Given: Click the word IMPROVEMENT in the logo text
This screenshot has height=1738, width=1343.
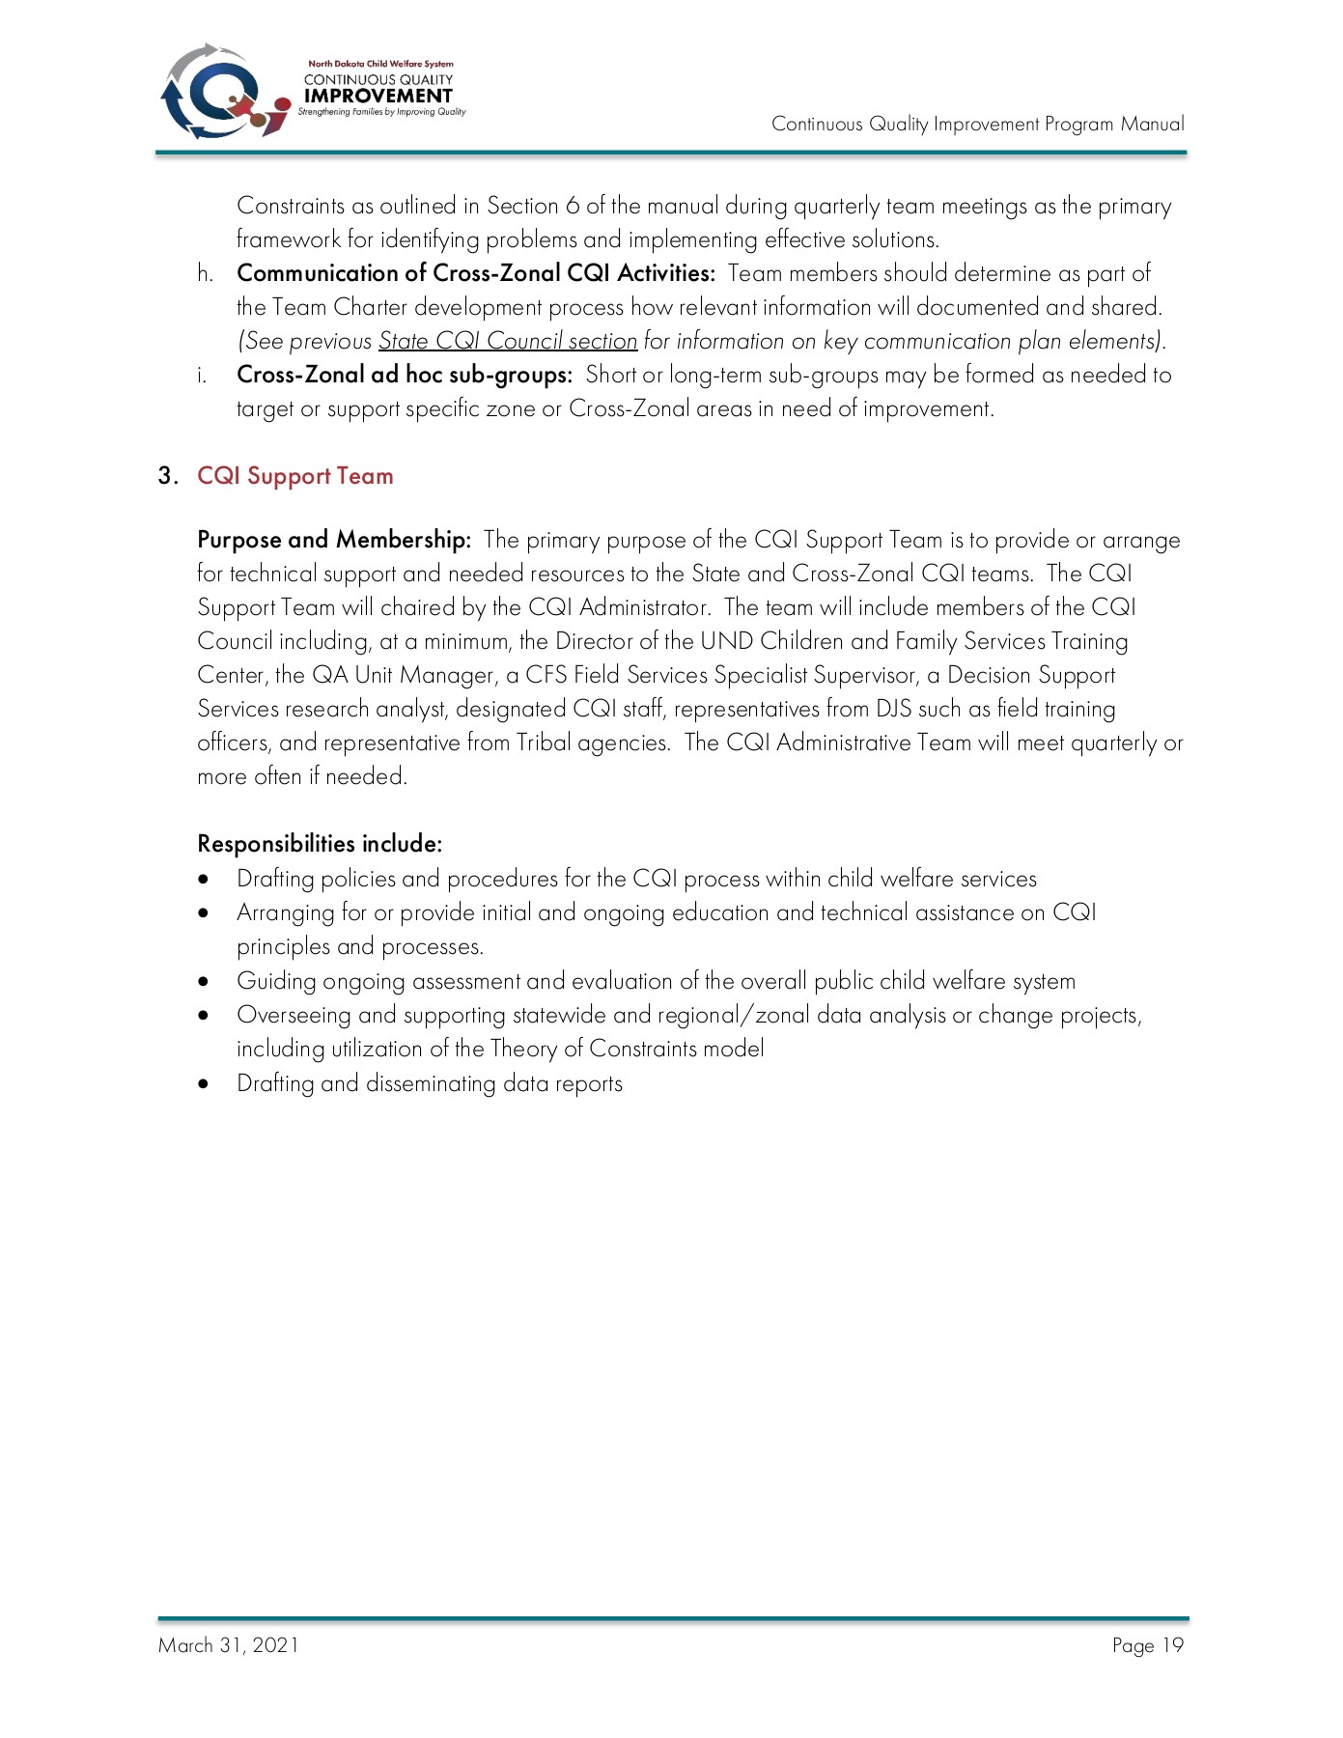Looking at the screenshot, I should click(378, 96).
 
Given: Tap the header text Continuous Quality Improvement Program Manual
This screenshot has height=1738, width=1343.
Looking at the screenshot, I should click(977, 124).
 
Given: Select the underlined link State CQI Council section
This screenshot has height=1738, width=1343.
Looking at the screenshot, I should click(507, 341).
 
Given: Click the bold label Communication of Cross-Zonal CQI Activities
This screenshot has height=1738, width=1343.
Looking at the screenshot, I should click(475, 273).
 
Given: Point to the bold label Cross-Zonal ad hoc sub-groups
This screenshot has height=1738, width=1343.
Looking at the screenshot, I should click(405, 375).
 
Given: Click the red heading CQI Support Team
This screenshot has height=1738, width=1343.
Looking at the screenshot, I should click(294, 476).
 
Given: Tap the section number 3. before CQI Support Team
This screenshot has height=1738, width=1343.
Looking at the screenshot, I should click(168, 476).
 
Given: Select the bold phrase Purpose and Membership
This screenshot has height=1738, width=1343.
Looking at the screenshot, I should click(333, 540).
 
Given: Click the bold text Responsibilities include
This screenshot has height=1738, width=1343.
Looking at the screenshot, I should click(320, 844).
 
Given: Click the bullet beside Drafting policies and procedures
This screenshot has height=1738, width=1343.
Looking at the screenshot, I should click(203, 880).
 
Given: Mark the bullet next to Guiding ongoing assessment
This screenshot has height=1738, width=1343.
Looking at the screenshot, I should click(203, 982).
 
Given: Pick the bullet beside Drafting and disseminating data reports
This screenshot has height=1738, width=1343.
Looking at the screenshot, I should click(203, 1084).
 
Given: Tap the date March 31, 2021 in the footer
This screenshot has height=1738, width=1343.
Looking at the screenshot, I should click(229, 1645).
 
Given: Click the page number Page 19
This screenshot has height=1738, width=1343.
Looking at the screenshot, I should click(1147, 1645).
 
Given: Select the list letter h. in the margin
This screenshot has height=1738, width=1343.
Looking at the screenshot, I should click(205, 273).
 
